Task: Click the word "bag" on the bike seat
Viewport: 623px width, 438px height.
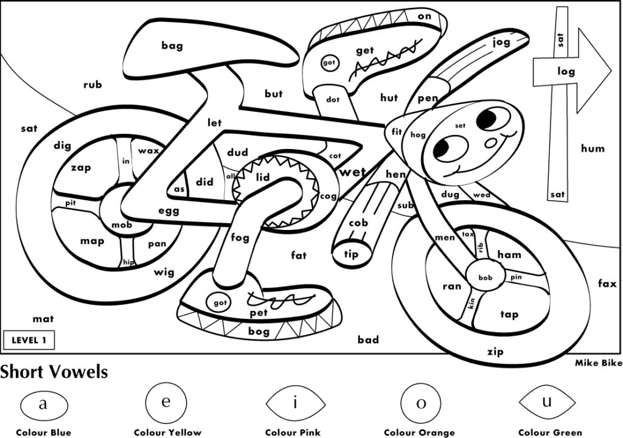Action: pyautogui.click(x=172, y=45)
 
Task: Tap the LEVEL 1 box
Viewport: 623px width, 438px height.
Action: pyautogui.click(x=29, y=340)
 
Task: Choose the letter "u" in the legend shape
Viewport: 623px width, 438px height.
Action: pyautogui.click(x=547, y=402)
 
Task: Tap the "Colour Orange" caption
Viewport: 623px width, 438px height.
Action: pyautogui.click(x=419, y=433)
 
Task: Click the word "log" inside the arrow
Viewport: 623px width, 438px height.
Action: pyautogui.click(x=566, y=71)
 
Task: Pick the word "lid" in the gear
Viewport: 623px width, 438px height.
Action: pyautogui.click(x=263, y=177)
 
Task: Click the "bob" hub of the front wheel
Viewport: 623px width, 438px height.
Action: pyautogui.click(x=485, y=277)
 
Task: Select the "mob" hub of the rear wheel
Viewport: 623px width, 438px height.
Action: pyautogui.click(x=122, y=224)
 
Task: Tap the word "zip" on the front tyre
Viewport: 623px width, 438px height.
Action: pyautogui.click(x=495, y=351)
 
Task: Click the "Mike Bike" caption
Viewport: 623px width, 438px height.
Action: pyautogui.click(x=599, y=363)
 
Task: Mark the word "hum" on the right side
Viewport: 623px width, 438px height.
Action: pyautogui.click(x=593, y=148)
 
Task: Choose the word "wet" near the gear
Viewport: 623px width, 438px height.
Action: pyautogui.click(x=353, y=172)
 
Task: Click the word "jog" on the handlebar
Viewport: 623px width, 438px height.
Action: pyautogui.click(x=501, y=42)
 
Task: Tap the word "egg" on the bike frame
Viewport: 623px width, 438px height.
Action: pyautogui.click(x=169, y=211)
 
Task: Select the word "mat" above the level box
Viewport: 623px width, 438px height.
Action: pyautogui.click(x=43, y=318)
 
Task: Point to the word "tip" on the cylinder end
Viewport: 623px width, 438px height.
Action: pyautogui.click(x=352, y=254)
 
